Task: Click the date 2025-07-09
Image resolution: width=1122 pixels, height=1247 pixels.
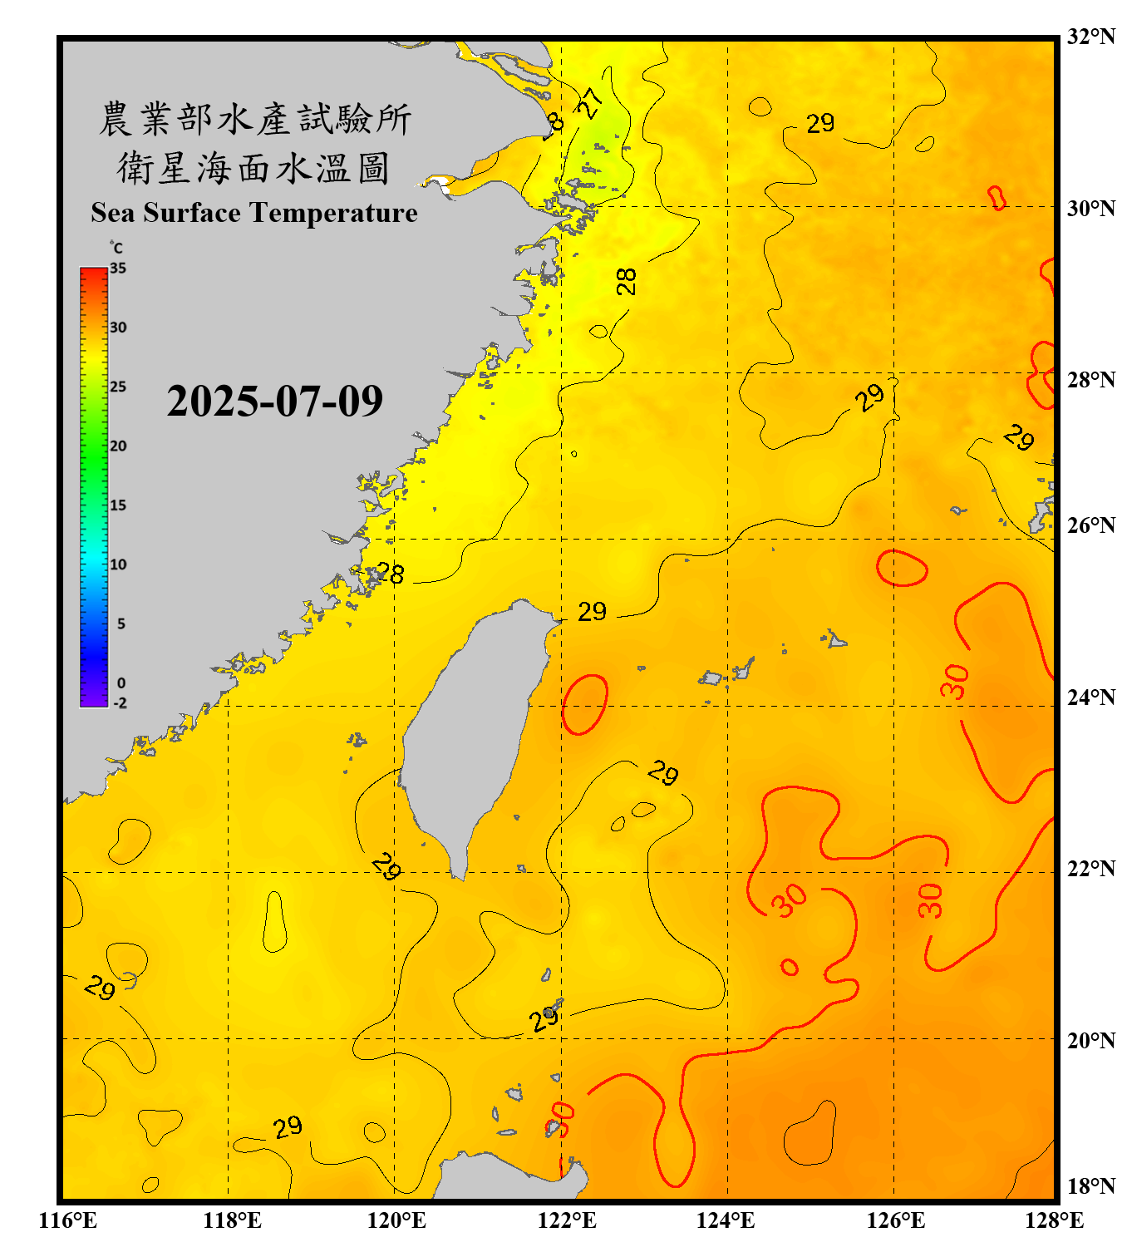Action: (274, 401)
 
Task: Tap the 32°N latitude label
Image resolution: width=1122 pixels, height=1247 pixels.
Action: (1090, 37)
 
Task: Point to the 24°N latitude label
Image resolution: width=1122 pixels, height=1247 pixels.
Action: (1090, 697)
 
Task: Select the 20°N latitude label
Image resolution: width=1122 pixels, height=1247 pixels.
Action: (1090, 1040)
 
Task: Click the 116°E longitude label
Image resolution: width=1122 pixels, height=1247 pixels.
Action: (67, 1220)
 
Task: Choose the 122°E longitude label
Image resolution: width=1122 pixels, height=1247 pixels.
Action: (567, 1220)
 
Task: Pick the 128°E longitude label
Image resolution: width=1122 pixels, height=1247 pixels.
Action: (1054, 1220)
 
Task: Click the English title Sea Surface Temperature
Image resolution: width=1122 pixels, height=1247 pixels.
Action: (254, 213)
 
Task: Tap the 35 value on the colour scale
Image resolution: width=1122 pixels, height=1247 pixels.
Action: (118, 268)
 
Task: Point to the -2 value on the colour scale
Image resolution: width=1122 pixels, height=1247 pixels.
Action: (120, 702)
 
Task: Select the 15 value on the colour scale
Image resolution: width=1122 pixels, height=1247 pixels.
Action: (118, 505)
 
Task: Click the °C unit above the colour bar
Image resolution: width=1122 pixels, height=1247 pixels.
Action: (116, 248)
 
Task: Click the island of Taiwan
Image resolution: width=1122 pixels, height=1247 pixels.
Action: (470, 732)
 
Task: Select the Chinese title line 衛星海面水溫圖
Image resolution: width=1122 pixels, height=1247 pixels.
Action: (253, 168)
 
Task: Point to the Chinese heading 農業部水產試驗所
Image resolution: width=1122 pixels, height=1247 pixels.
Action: (255, 119)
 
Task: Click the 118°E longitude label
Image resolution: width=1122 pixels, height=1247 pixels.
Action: (232, 1220)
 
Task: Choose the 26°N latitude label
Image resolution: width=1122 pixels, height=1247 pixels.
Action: (1090, 525)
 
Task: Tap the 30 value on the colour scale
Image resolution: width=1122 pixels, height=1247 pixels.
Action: (118, 327)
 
